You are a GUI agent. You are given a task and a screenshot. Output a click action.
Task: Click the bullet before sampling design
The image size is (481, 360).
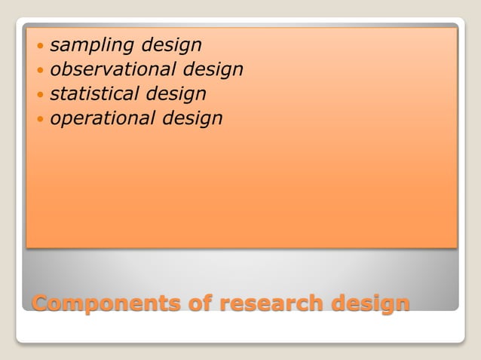[x=40, y=46]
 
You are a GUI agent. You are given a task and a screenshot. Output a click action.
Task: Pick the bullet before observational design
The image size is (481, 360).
[x=40, y=70]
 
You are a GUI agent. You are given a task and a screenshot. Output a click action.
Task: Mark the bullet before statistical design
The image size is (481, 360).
[x=40, y=94]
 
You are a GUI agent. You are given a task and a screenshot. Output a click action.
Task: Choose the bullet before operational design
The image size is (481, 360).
[x=40, y=118]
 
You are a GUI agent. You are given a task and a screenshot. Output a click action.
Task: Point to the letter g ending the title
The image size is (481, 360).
[x=401, y=304]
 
